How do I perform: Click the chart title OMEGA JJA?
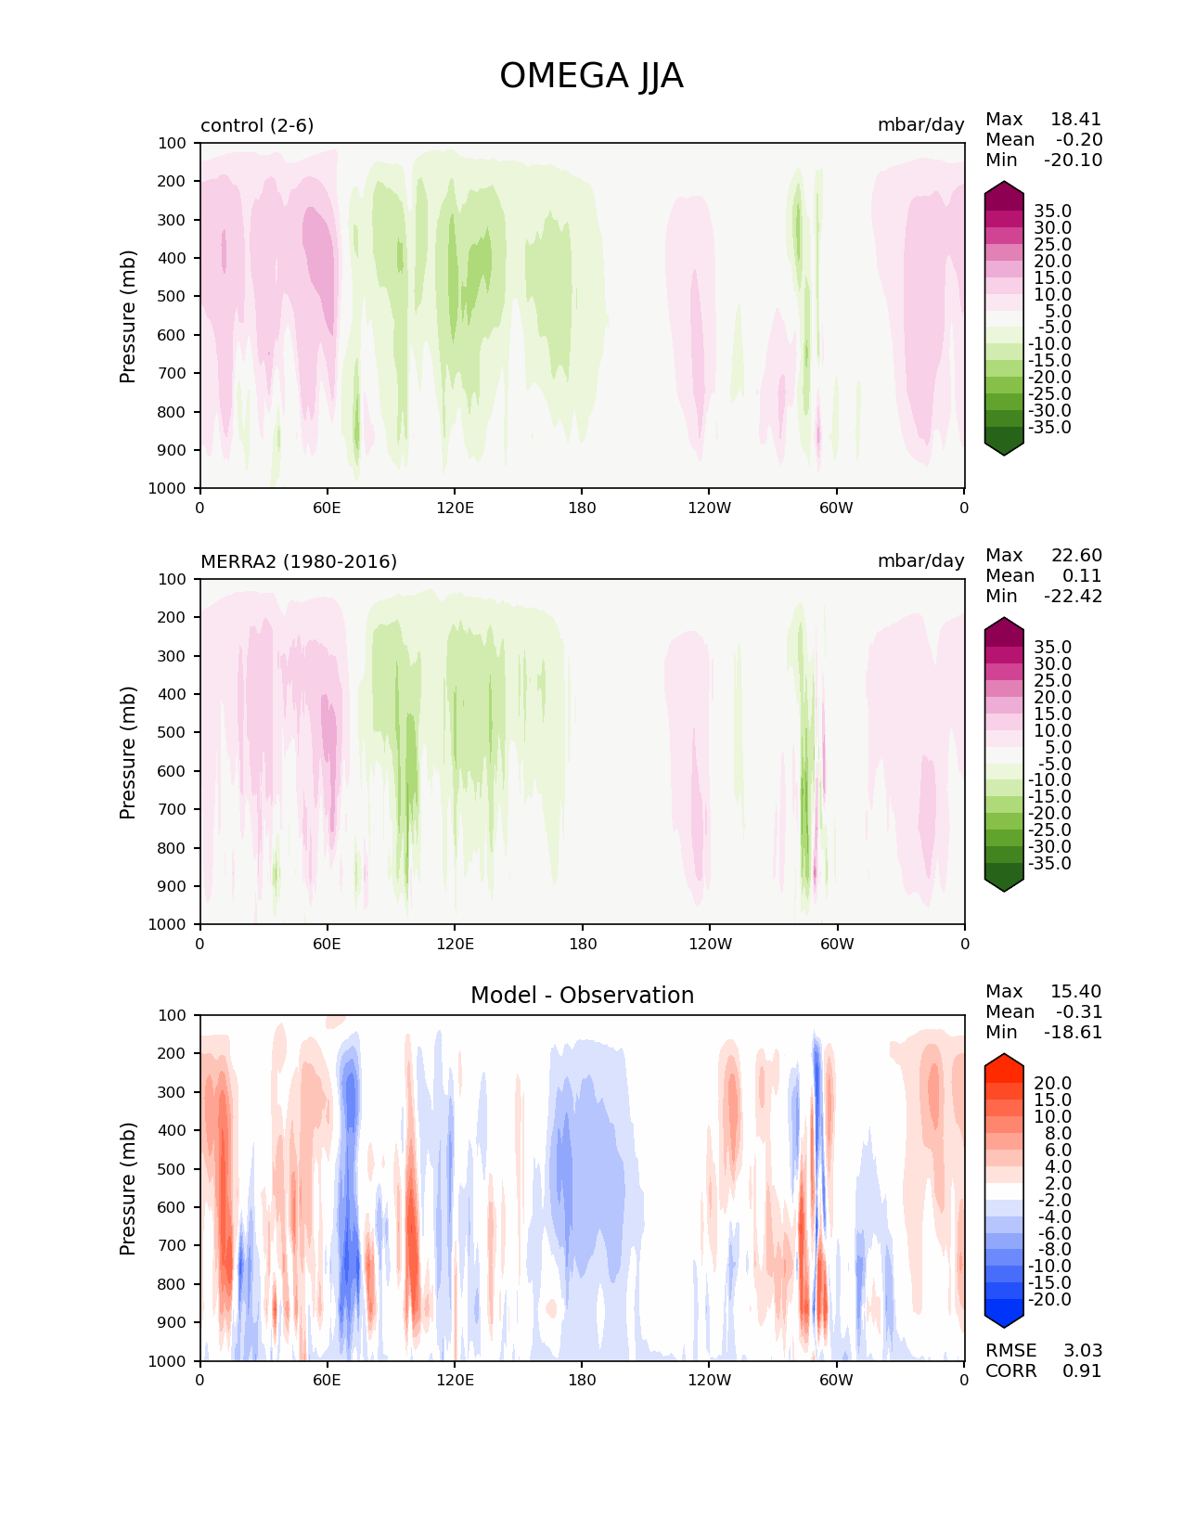(x=591, y=76)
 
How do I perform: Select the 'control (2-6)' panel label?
(x=257, y=125)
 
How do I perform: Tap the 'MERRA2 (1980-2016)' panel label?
(x=299, y=561)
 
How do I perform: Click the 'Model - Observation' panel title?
(x=582, y=996)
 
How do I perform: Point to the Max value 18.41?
(x=1075, y=120)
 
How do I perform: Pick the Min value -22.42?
(x=1073, y=597)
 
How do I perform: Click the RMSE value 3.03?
(x=1082, y=1351)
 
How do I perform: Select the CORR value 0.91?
(x=1082, y=1371)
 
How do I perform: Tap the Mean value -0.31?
(x=1078, y=1012)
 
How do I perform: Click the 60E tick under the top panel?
(x=327, y=508)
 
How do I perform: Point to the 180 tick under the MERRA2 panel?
(x=582, y=944)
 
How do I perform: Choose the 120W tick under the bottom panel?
(x=709, y=1380)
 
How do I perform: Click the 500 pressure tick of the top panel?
(x=172, y=297)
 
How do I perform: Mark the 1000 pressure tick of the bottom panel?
(x=168, y=1361)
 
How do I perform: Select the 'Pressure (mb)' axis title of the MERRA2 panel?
(x=128, y=752)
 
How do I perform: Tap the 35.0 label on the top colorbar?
(x=1052, y=212)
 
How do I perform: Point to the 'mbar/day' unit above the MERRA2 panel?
(x=920, y=561)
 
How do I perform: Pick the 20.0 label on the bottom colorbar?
(x=1052, y=1084)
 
